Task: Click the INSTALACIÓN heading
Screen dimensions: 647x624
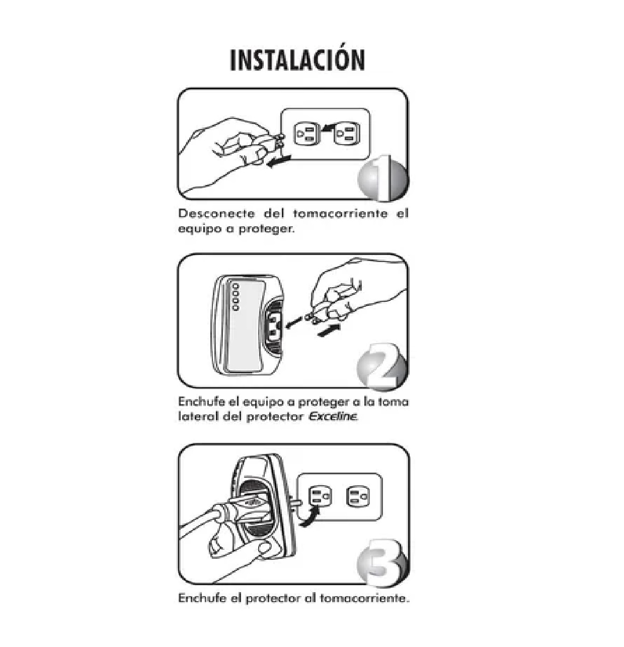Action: point(297,59)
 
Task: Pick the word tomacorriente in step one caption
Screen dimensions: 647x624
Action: point(340,213)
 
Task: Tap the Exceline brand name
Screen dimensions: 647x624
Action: point(333,417)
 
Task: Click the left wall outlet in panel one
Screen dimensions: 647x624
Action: point(306,135)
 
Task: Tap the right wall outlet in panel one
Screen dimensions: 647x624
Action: point(347,135)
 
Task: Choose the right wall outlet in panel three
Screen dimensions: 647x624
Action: point(358,497)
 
